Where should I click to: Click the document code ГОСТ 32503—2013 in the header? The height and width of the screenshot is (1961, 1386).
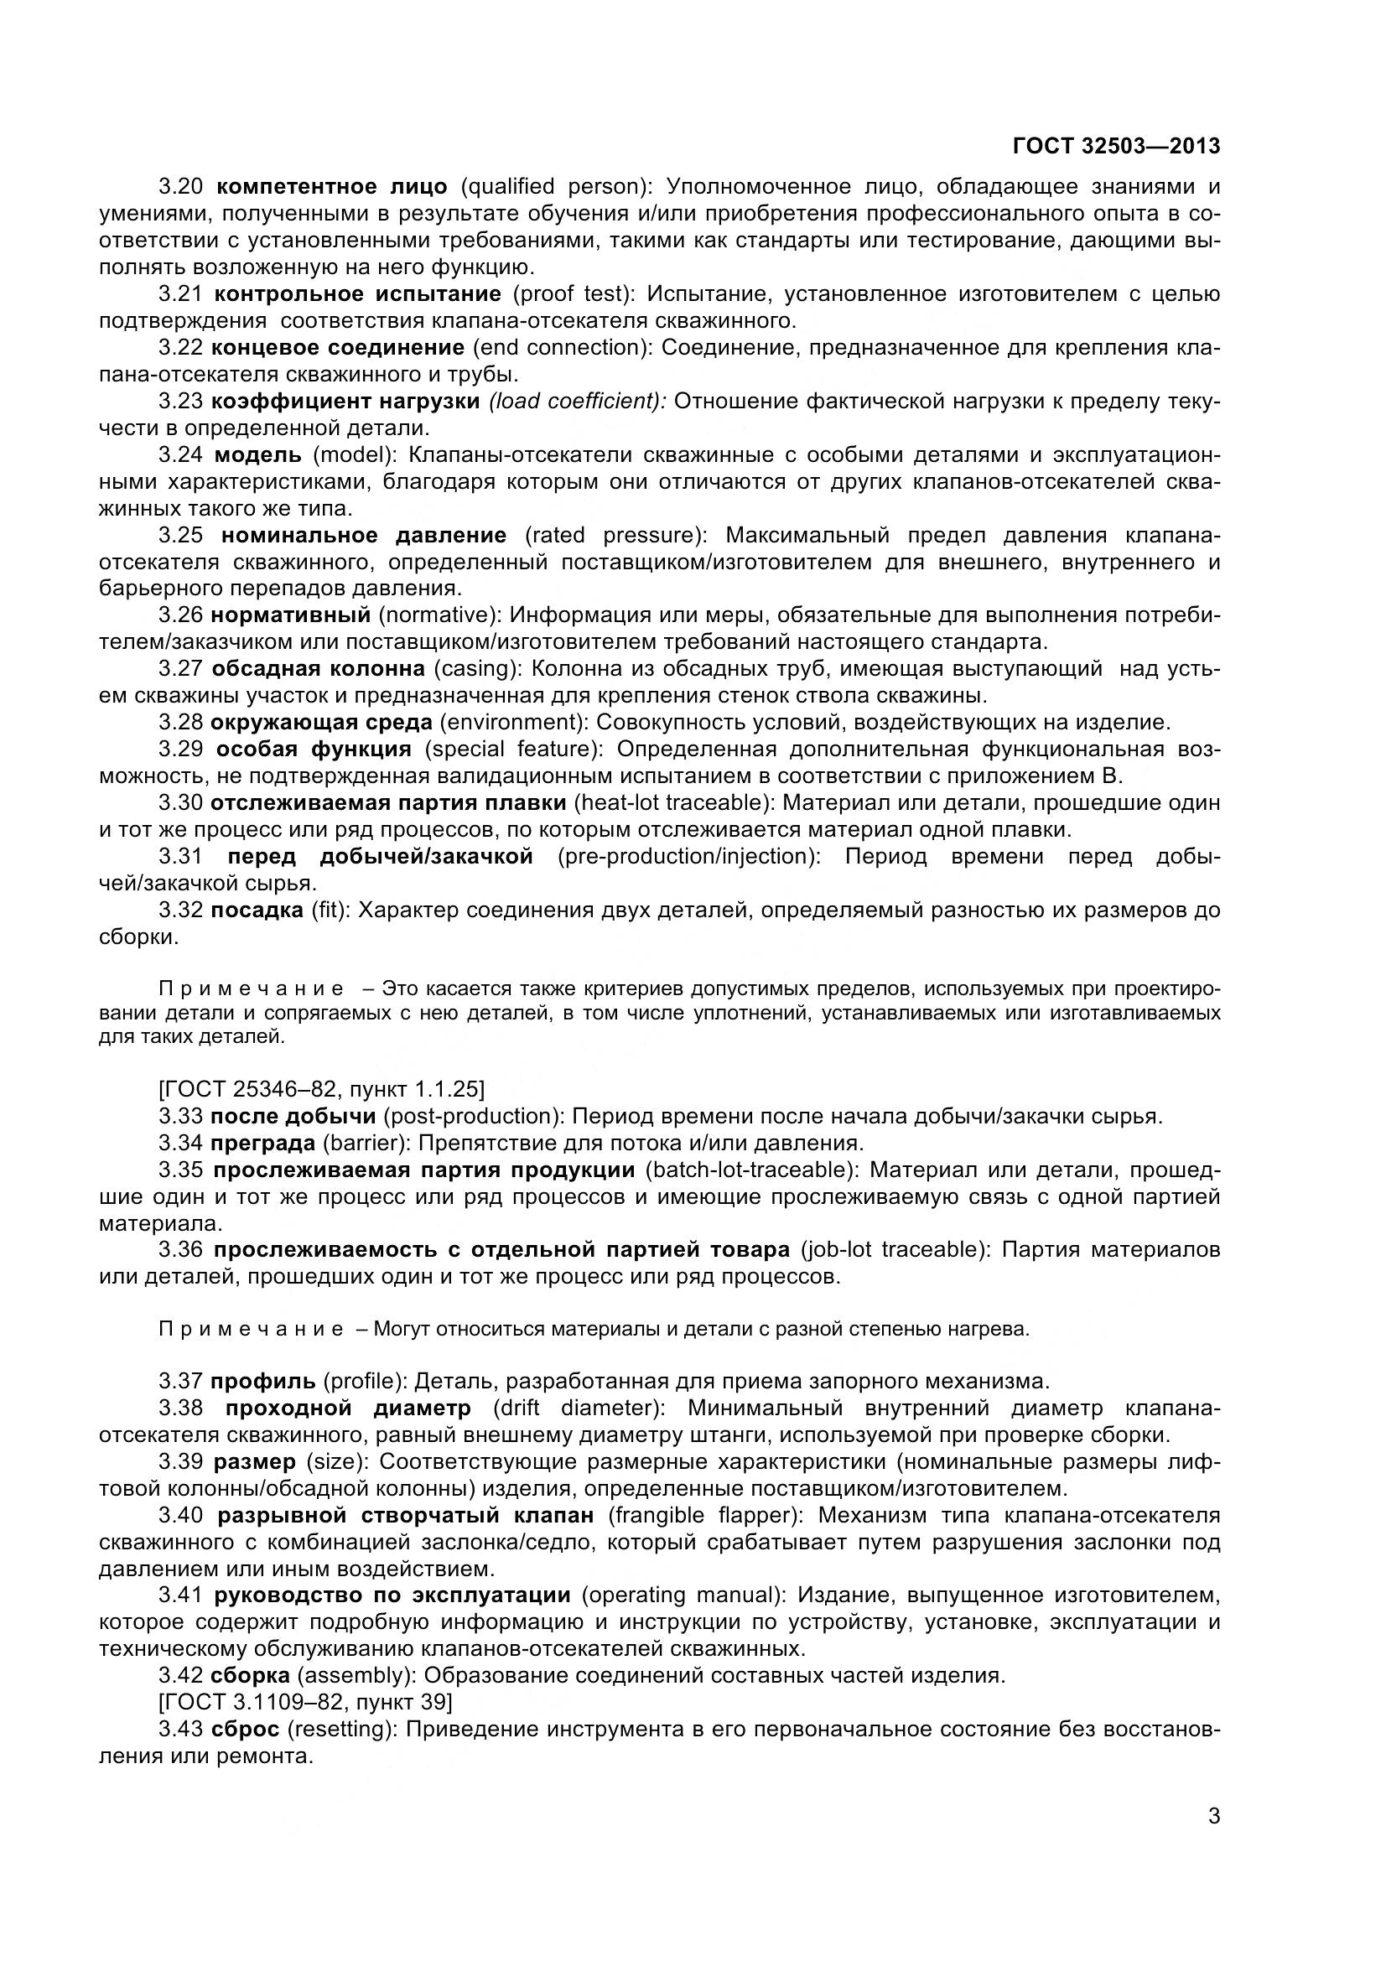point(1115,147)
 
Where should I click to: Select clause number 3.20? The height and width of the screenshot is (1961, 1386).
point(180,187)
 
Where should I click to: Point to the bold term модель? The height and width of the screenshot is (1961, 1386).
point(257,455)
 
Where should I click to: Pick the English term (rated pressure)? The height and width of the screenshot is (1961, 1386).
point(615,536)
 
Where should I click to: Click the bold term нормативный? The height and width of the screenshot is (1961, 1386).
point(290,615)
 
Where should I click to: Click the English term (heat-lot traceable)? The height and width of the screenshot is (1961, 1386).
point(674,803)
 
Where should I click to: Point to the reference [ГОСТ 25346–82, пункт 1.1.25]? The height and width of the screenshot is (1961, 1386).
point(322,1089)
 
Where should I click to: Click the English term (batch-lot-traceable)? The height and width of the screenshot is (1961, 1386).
point(750,1170)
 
